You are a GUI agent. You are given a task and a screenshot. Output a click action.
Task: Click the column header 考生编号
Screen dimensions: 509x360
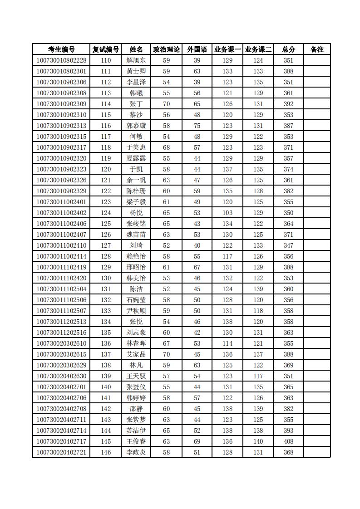coord(61,49)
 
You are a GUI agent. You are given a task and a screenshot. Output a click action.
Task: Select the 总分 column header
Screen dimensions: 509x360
coord(288,49)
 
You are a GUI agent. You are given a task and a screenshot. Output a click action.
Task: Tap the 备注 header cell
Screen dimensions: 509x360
coord(317,49)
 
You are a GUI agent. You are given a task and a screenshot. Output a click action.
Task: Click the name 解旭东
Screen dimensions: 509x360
coord(136,60)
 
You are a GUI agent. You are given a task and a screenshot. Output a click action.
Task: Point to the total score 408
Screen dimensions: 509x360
coord(288,441)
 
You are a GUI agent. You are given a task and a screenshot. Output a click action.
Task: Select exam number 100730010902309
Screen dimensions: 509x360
coord(61,104)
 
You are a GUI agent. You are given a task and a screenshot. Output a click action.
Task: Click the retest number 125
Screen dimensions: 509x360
coord(106,224)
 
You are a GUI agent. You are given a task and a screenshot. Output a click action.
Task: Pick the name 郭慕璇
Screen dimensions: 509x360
coord(136,126)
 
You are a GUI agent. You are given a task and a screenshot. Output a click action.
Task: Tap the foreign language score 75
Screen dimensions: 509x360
coord(197,126)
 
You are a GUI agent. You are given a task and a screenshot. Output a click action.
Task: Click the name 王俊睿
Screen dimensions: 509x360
coord(136,441)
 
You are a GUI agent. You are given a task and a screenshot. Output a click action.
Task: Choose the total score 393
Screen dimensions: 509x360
coord(288,431)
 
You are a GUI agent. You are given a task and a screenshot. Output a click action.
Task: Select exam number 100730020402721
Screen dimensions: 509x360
coord(61,452)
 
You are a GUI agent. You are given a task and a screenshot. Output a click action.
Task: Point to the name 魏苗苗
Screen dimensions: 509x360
coord(136,235)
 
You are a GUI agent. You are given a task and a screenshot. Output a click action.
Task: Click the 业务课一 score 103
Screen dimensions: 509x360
coord(227,213)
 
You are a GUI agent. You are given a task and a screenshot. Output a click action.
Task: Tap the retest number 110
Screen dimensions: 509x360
coord(106,60)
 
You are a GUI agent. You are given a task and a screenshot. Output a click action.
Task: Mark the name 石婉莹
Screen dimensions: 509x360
coord(136,300)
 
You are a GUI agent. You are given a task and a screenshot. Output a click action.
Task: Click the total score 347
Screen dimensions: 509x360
coord(288,245)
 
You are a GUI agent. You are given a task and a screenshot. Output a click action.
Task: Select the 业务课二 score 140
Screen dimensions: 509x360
coord(258,441)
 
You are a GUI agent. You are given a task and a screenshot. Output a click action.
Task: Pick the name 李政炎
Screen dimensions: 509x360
coord(136,452)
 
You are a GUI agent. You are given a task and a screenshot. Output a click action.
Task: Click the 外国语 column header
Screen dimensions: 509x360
coord(197,49)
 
